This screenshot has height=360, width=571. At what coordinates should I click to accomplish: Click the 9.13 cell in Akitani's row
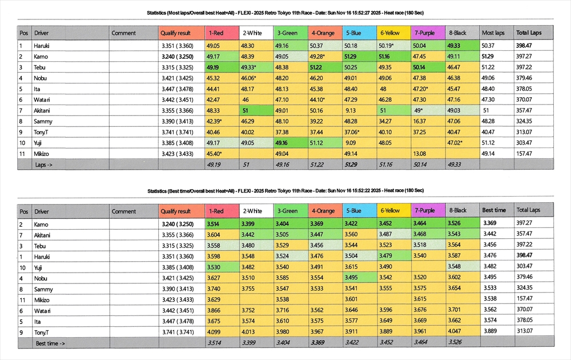coord(351,110)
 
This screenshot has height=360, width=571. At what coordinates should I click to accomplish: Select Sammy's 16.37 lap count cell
coord(420,121)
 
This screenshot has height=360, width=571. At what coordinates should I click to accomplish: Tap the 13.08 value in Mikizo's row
coord(420,154)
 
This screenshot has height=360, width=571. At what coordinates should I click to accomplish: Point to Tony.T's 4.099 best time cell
coord(213,332)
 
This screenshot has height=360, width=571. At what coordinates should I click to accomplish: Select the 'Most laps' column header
coord(493,33)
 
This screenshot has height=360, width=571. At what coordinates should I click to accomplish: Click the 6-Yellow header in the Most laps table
coord(390,33)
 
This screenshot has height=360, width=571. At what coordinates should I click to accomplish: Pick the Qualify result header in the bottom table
coord(176,211)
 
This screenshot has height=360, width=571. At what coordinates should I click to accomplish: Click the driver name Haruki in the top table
coord(42,46)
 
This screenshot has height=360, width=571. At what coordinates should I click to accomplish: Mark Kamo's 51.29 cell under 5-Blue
coord(351,57)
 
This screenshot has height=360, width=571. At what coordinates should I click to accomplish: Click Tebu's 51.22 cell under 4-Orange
coord(317,67)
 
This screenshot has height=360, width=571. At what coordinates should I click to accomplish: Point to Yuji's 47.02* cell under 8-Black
coord(457,143)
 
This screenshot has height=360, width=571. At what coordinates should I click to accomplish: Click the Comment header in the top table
coord(123,33)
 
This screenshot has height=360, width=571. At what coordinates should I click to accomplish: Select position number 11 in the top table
coord(22,154)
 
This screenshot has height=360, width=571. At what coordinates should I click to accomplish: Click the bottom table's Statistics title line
coord(285,190)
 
